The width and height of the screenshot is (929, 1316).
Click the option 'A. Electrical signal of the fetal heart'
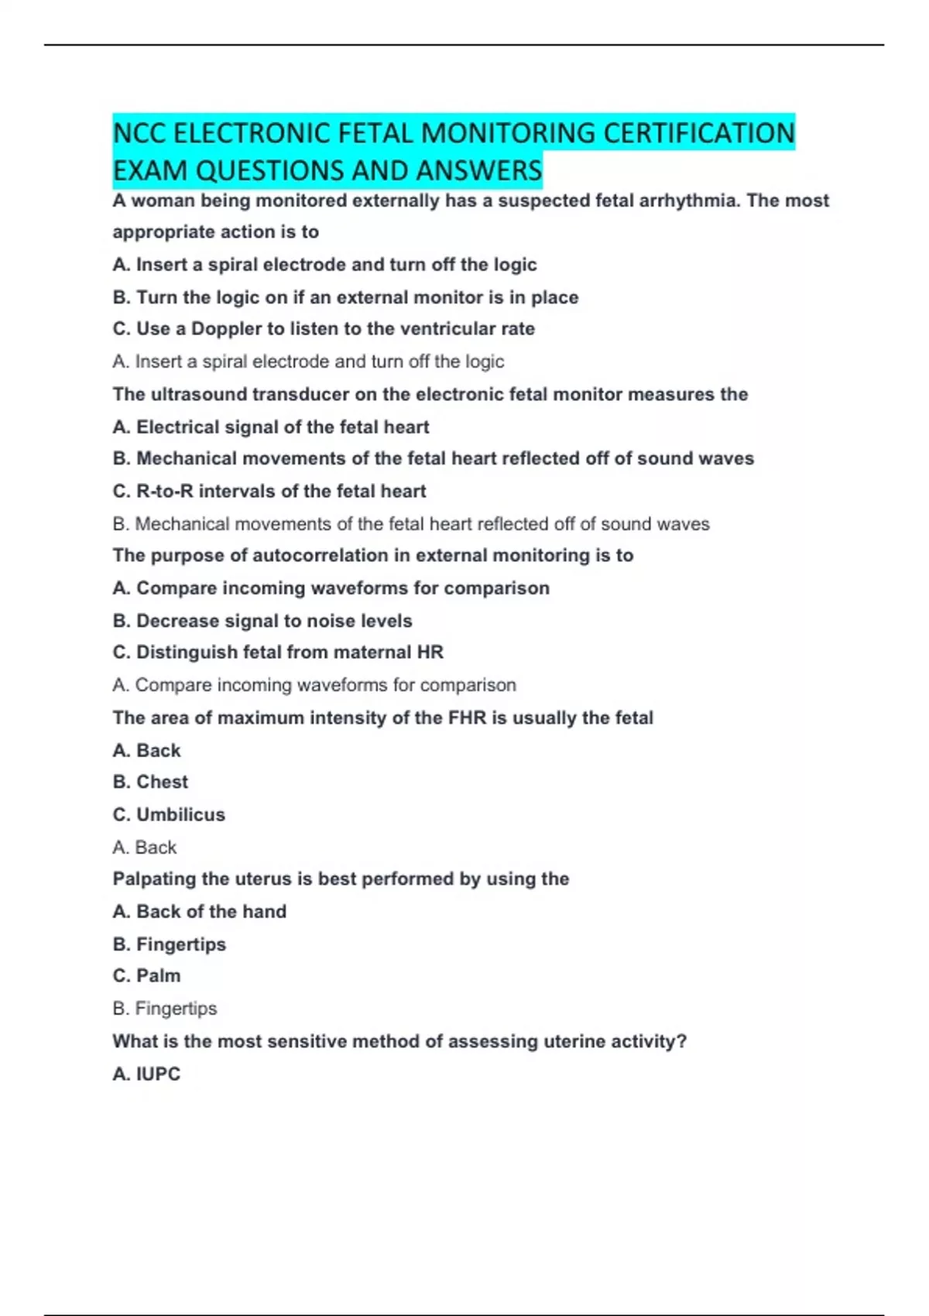270,427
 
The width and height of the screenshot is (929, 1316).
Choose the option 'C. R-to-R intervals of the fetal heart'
269,492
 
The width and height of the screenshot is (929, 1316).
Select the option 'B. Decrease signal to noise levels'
262,621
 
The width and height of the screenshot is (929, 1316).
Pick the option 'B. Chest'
150,782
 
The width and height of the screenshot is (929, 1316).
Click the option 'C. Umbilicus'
169,814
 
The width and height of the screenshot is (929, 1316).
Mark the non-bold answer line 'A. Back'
144,848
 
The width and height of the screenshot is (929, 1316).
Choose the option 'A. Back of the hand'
199,912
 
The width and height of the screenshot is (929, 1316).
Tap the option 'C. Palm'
146,976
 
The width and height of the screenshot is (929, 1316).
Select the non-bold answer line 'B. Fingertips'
164,1009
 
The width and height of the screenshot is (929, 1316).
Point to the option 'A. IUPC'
146,1074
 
